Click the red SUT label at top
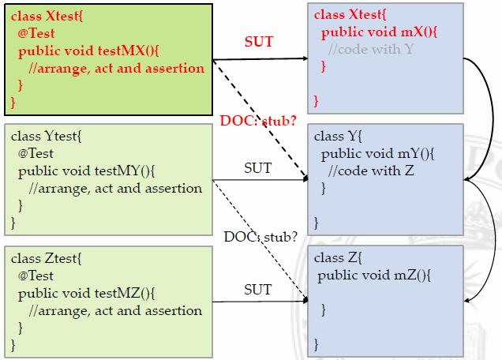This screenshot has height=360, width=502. pos(258,41)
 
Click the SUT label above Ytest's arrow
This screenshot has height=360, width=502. pos(257,167)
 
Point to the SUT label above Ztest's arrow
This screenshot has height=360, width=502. pos(258,289)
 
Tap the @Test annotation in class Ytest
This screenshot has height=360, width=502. pos(36,154)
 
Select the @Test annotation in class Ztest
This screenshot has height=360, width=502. pos(36,276)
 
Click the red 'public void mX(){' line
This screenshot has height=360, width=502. pos(375,33)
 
